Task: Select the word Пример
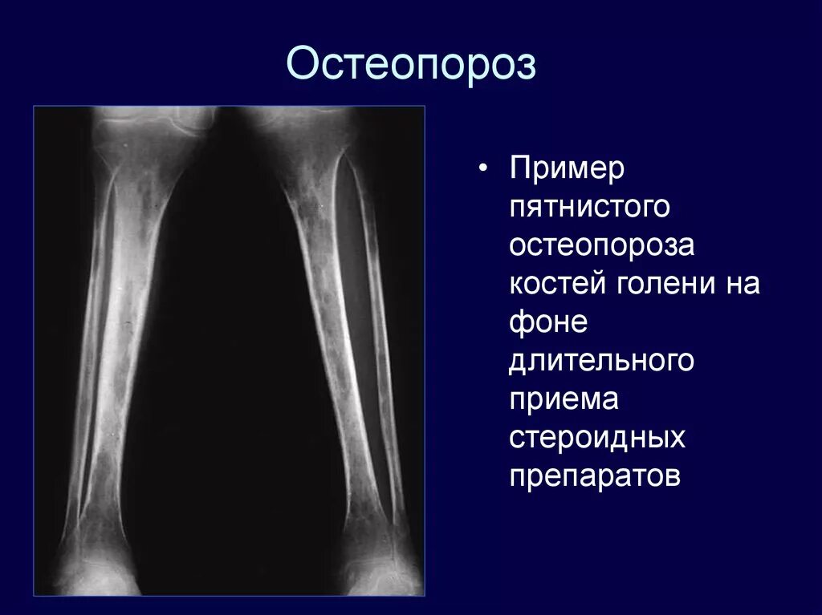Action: click(567, 170)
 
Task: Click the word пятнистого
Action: click(589, 208)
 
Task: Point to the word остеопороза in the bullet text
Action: click(601, 246)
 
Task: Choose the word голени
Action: click(668, 284)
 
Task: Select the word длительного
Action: click(601, 361)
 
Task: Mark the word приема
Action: click(564, 399)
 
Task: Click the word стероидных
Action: click(597, 437)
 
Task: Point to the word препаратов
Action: click(595, 475)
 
